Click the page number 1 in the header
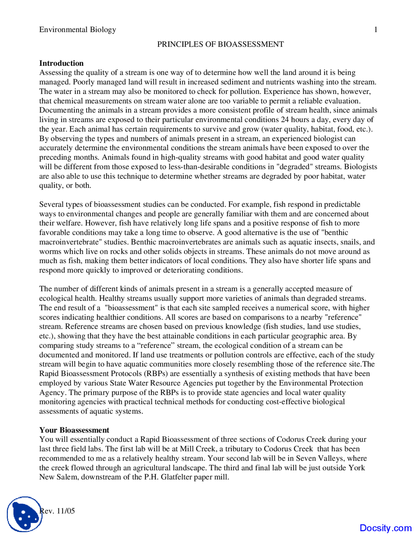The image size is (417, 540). (376, 30)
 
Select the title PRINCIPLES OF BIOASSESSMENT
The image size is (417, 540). (221, 44)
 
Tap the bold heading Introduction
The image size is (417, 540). (61, 63)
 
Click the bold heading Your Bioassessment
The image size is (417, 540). (74, 430)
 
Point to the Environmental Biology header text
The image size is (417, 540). (78, 30)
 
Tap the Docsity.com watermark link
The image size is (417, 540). (385, 528)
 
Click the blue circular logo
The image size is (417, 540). (24, 514)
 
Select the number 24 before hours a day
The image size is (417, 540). (285, 120)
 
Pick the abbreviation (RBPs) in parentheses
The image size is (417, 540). (157, 373)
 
